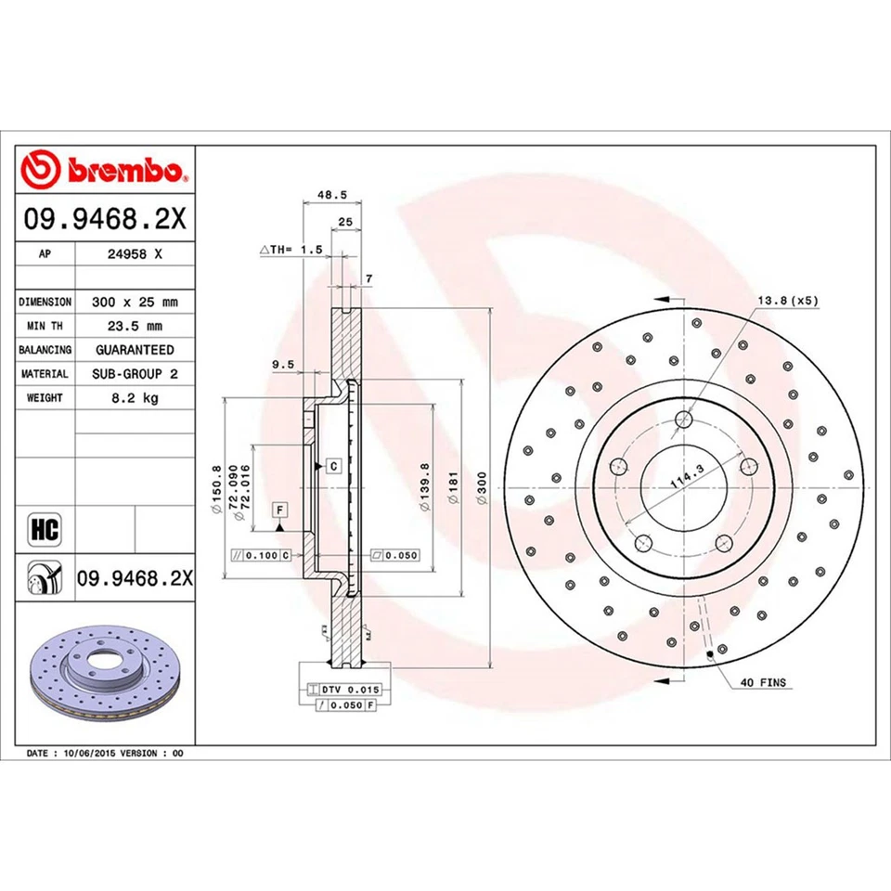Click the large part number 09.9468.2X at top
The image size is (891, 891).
(x=106, y=220)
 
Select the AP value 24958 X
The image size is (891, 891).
(x=135, y=253)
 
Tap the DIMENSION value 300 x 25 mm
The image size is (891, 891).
(x=135, y=303)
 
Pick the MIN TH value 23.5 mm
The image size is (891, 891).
(x=135, y=326)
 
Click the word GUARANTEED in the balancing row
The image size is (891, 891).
(x=135, y=350)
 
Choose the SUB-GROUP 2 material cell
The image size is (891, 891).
(x=135, y=373)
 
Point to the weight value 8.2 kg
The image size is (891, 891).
(x=135, y=397)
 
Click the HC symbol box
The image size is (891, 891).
(x=45, y=531)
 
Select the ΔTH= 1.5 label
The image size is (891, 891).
(x=291, y=251)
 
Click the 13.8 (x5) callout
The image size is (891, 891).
(x=789, y=300)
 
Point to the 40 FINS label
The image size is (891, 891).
(x=763, y=683)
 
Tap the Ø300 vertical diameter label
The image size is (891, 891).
(x=482, y=486)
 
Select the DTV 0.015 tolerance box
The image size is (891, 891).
(x=339, y=690)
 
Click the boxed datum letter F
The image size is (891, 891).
(x=278, y=509)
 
